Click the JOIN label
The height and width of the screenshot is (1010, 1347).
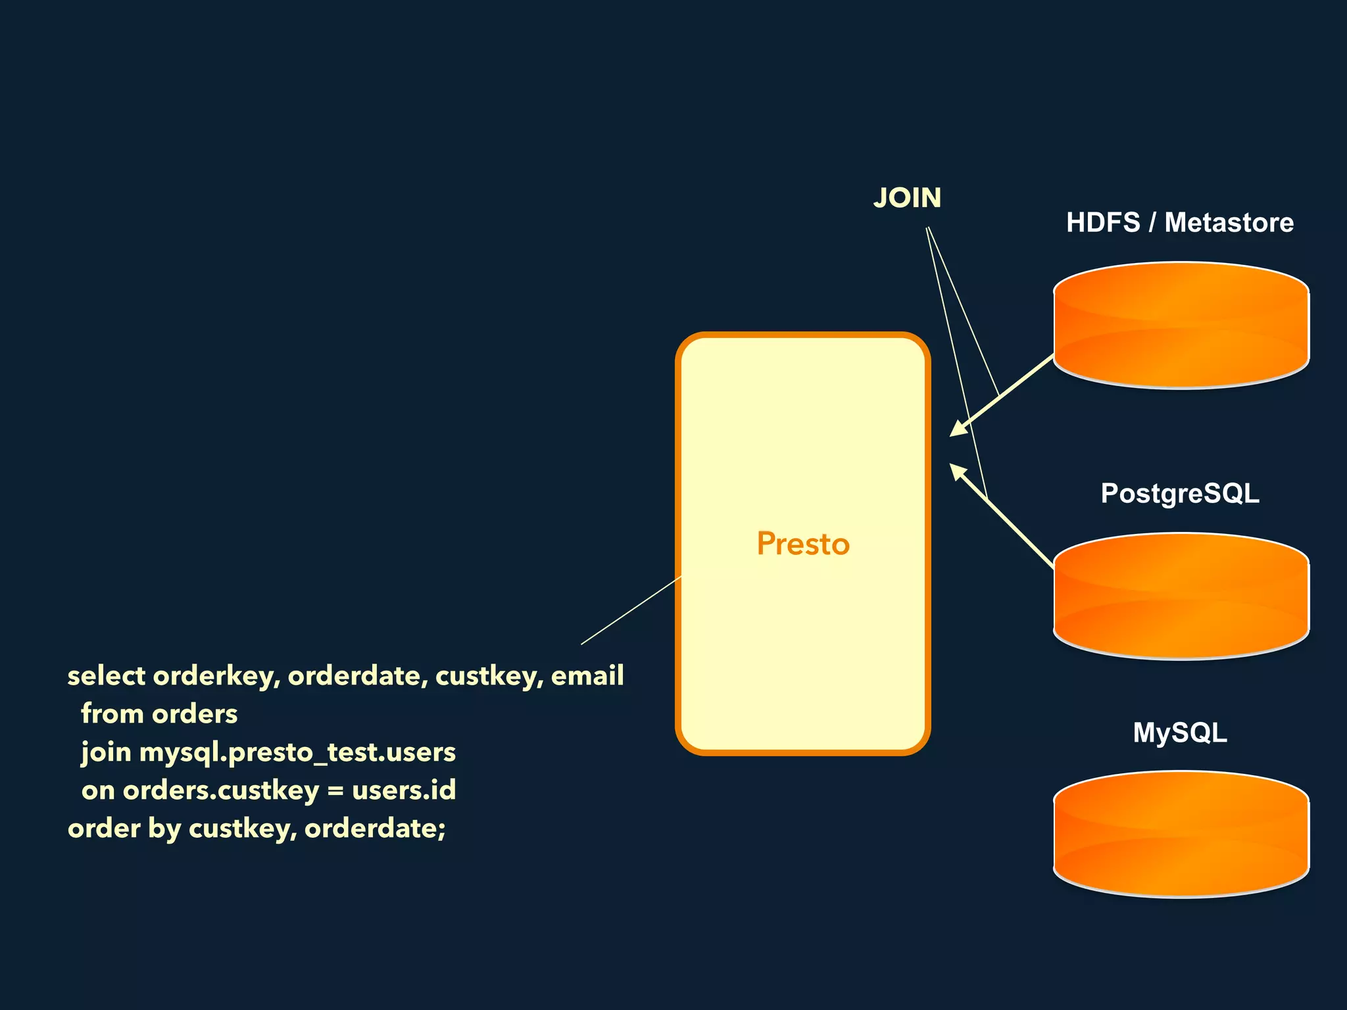[x=907, y=198]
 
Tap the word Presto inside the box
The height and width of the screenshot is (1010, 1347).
[x=803, y=544]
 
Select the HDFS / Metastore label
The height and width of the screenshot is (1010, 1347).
[x=1180, y=222]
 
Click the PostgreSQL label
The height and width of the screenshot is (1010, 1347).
[x=1180, y=493]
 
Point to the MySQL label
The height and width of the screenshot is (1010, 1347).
[x=1180, y=733]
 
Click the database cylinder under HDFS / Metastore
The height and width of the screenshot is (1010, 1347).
[x=1181, y=325]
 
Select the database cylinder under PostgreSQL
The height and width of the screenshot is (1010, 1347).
[x=1181, y=596]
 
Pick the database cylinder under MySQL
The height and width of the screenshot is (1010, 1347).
[x=1181, y=834]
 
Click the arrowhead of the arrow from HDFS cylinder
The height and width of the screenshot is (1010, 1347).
[x=958, y=429]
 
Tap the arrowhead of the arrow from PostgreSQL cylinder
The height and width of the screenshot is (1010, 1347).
[x=958, y=471]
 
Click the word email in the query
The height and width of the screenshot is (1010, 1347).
[x=587, y=676]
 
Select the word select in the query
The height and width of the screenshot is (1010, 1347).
[x=106, y=676]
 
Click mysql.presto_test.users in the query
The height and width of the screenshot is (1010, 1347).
[x=297, y=752]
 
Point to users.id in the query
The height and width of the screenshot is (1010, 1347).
[x=404, y=790]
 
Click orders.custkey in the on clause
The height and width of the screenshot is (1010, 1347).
[x=220, y=790]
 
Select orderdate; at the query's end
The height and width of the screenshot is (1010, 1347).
[x=375, y=828]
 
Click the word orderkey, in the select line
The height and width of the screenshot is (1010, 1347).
[x=216, y=676]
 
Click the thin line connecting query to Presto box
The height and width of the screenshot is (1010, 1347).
[x=631, y=610]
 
